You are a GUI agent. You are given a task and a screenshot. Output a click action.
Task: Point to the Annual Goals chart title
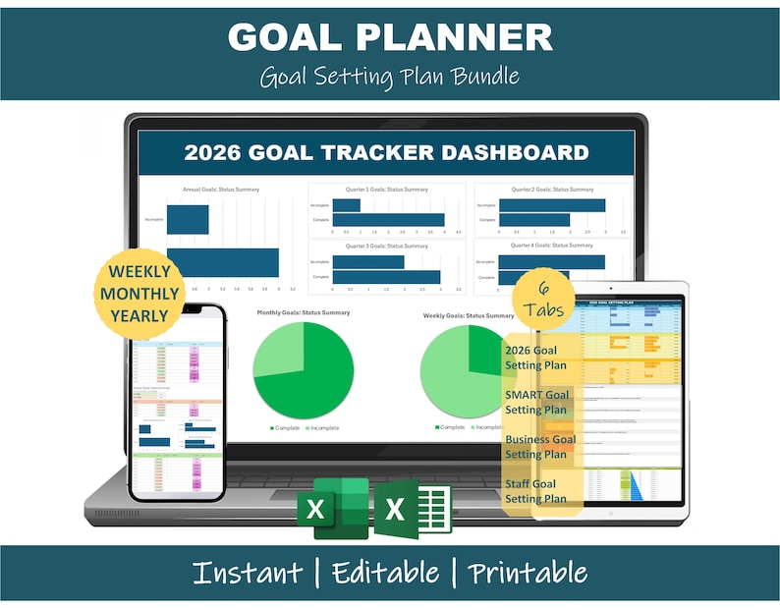(x=221, y=189)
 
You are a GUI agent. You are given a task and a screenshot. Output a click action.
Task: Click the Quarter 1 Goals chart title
(x=386, y=189)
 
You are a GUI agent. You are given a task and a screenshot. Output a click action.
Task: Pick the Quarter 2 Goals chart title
(x=552, y=189)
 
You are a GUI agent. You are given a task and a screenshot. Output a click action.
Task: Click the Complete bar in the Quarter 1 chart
(x=388, y=220)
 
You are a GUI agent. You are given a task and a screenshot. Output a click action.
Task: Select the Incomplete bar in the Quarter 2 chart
(x=551, y=204)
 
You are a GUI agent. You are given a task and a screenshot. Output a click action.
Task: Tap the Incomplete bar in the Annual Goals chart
(x=187, y=220)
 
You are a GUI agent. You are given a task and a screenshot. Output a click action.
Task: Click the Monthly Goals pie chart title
(x=304, y=313)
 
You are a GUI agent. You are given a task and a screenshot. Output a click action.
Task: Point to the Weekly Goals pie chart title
(x=469, y=315)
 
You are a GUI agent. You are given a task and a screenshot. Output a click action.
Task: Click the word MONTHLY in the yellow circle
(x=139, y=293)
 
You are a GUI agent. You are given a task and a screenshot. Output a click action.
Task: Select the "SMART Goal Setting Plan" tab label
(x=536, y=403)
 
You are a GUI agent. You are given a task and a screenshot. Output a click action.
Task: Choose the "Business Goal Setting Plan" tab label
(x=540, y=447)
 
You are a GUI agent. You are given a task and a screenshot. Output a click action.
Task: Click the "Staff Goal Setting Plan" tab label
(x=535, y=491)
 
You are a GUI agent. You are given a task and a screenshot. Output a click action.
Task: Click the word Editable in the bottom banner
(x=385, y=573)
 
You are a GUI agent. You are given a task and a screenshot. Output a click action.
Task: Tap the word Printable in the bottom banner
(x=527, y=573)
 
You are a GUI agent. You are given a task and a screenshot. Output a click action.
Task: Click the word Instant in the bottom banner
(x=247, y=573)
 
